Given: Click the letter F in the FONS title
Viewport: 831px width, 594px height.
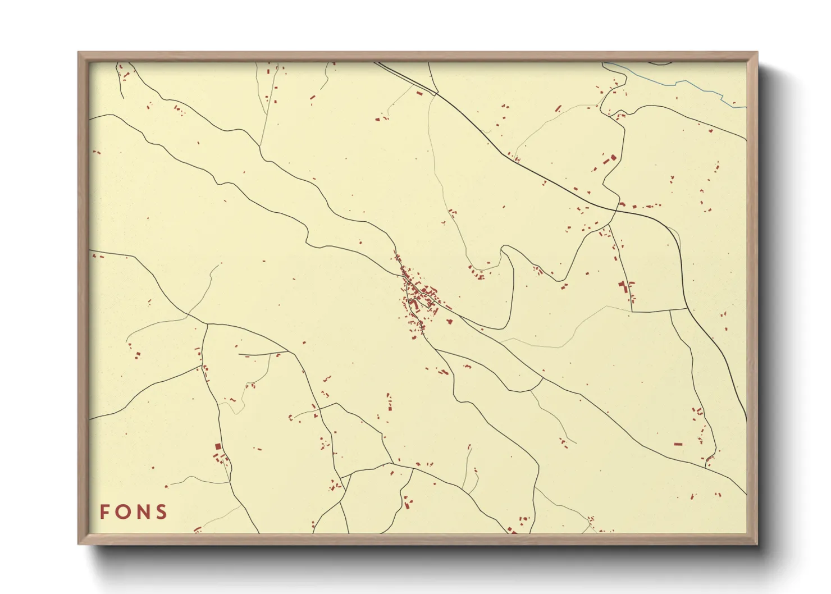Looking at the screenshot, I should pos(104,512).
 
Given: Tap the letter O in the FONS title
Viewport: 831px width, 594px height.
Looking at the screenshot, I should pos(123,512).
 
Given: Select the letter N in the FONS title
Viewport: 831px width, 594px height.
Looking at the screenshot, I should pos(143,512).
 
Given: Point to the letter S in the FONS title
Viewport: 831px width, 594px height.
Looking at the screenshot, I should pos(162,512).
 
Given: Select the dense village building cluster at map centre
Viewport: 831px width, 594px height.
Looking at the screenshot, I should pos(418,298).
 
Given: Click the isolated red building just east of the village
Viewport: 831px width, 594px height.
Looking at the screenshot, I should pos(449,322).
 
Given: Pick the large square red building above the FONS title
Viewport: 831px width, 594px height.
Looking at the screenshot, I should pos(218,446).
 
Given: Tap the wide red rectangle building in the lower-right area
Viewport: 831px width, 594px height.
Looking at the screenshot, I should pos(678,444).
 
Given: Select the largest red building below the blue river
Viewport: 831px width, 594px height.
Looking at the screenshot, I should pos(613,158).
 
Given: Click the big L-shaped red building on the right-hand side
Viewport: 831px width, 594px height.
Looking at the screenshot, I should pos(622,287).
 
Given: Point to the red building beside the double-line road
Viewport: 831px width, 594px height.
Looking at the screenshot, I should pos(419,93).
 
